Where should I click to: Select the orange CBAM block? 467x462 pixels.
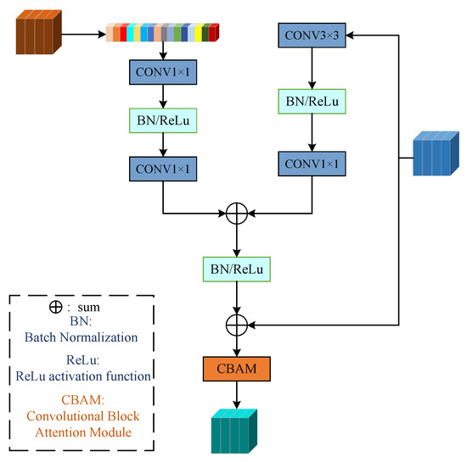236,370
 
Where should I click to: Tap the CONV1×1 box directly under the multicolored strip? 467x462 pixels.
162,72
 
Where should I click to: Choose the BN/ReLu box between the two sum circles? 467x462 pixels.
236,270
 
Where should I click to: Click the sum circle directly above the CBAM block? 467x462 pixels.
236,323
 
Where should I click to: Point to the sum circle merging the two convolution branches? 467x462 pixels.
236,212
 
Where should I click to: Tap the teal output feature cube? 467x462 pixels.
233,434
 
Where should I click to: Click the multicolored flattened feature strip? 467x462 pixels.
162,34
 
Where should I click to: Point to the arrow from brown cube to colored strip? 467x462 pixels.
85,35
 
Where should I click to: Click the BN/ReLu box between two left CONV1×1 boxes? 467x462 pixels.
162,120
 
